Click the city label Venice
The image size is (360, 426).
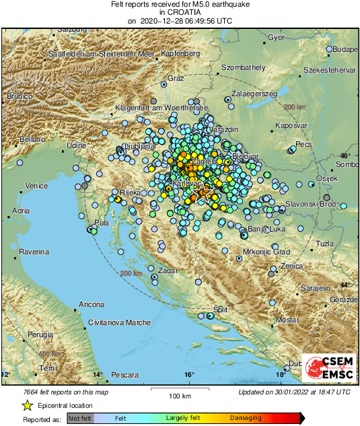tap(36, 186)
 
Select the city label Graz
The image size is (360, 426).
tap(176, 79)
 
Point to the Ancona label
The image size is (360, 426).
tap(91, 305)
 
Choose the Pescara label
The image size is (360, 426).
tap(124, 374)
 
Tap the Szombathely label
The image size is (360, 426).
tap(244, 67)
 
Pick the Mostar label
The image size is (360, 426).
tap(287, 319)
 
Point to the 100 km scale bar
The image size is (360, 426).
tap(179, 390)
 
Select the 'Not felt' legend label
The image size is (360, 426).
tap(79, 419)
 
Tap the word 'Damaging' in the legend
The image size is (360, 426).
tap(246, 419)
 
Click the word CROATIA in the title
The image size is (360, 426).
tap(179, 12)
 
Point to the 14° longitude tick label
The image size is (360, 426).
tap(97, 374)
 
